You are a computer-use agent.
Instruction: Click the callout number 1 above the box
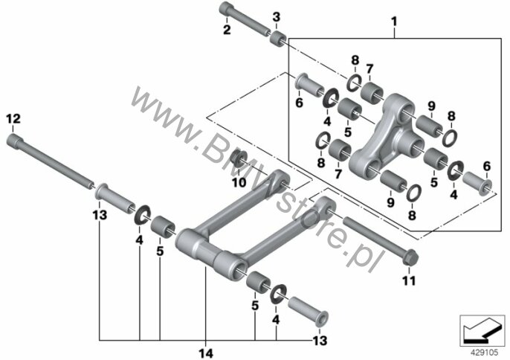coord(394,22)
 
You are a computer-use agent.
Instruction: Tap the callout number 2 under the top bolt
coord(227,30)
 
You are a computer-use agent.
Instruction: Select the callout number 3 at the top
coord(276,17)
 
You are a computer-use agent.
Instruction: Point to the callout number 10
coord(239,183)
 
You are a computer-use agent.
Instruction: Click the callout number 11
coord(409,280)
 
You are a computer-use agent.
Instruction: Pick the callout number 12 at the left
coord(13,119)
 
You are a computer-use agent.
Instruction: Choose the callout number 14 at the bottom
coord(206,353)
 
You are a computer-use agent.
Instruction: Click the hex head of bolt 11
coord(410,257)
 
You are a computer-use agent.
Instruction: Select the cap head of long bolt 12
coord(15,141)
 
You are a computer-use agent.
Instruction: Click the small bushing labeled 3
coord(279,39)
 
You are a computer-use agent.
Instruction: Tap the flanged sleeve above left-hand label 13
coord(115,199)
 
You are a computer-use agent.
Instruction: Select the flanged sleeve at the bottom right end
coord(308,312)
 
